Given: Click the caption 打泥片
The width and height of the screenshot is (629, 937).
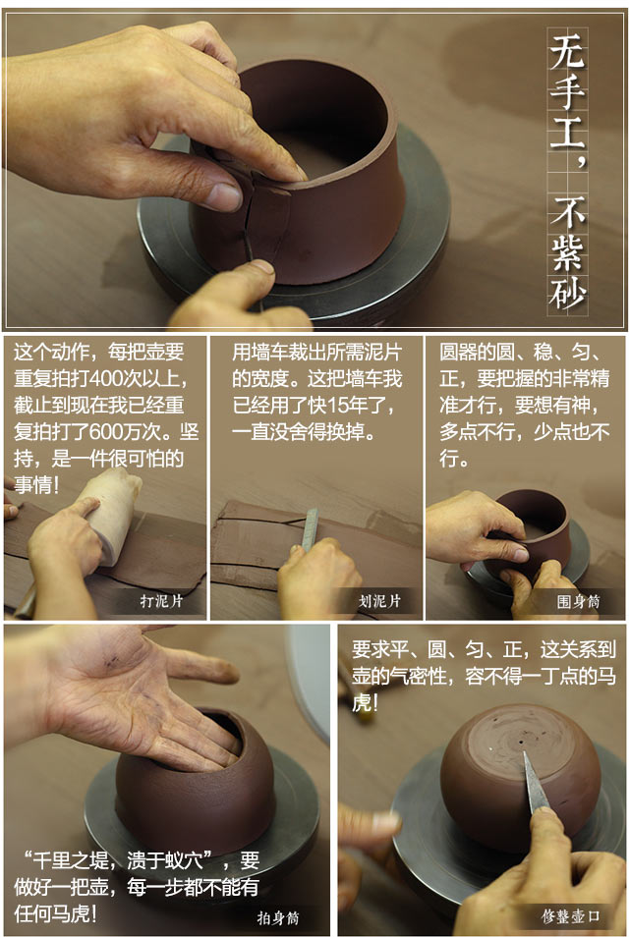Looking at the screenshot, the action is coord(161,601).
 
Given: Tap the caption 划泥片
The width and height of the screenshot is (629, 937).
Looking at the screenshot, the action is coord(379,601).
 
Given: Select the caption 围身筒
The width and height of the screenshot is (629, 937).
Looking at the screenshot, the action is coord(578,601).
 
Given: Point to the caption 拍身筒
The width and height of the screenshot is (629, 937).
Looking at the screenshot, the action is coord(277,917).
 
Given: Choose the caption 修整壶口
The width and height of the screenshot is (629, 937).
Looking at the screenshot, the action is coord(570,916).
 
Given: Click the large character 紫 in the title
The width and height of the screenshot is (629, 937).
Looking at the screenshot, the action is coord(567,252).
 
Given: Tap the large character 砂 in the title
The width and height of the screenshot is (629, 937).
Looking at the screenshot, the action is coord(567,293).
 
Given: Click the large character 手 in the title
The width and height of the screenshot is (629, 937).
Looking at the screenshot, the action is coord(567,90).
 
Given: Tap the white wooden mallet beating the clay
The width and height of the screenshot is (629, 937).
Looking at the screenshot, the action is coord(114,514).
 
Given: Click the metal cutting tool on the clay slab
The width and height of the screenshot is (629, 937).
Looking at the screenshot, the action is coord(311,528).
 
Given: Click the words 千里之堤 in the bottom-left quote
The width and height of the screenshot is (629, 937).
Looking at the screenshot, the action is coord(71,860).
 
